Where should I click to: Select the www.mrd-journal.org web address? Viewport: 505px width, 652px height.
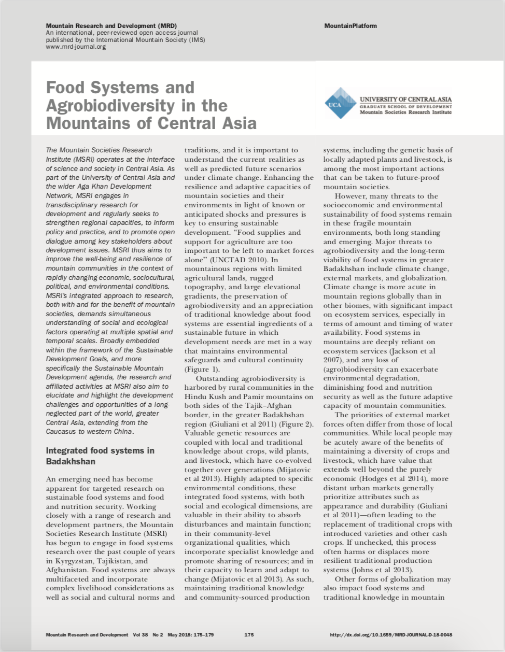click(76, 47)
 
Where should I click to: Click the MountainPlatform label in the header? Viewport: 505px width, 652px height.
click(350, 26)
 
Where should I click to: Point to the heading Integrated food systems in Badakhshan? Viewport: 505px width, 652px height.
click(100, 456)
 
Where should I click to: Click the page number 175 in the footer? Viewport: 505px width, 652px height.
click(249, 635)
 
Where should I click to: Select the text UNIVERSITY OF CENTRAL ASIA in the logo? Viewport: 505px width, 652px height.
click(405, 99)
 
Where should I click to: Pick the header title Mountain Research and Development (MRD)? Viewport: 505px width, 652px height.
click(111, 25)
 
